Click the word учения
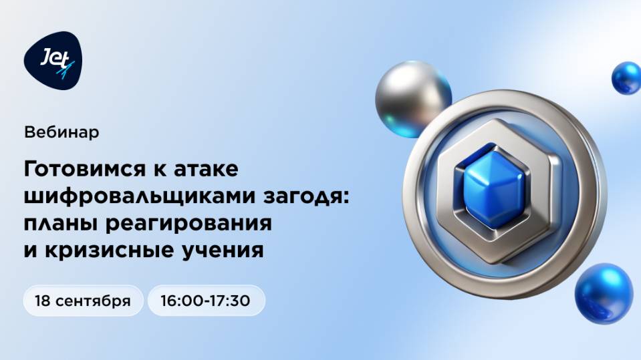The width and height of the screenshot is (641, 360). (227, 250)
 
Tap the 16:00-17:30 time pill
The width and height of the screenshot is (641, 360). (206, 301)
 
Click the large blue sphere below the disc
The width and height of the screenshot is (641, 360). (603, 293)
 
